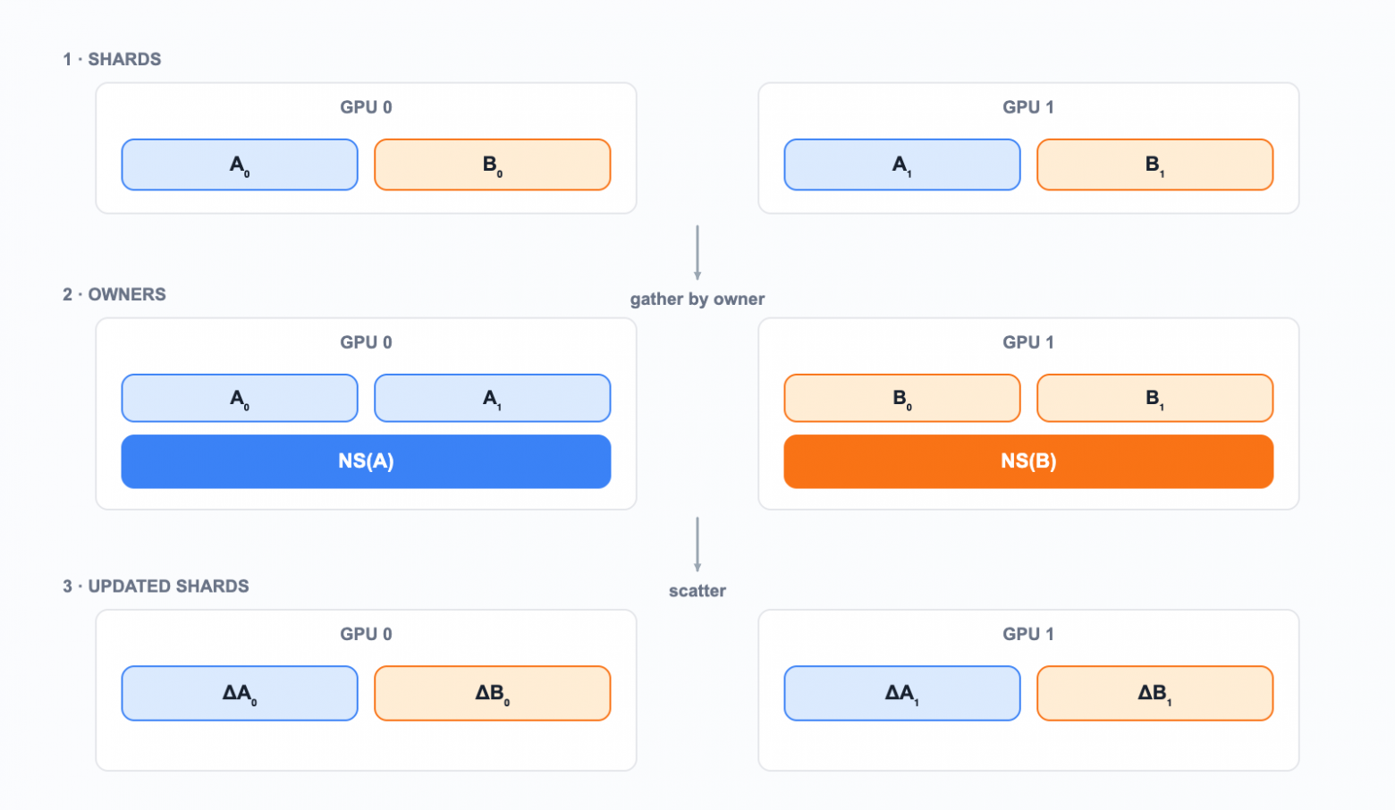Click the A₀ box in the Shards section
240,165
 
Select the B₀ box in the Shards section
493,165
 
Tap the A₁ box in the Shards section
902,165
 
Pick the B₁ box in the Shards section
1155,165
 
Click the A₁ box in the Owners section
493,398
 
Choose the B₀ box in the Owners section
902,398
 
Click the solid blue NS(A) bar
367,461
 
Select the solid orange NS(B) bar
1028,461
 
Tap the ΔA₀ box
240,693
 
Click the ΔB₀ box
493,693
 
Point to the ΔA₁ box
902,693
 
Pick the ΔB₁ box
1155,693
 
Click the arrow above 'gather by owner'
697,253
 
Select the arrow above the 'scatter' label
697,544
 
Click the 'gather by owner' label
697,300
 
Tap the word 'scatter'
697,591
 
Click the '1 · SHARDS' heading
112,59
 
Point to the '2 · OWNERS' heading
114,294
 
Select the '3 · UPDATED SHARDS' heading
156,586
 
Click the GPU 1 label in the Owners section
1028,342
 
